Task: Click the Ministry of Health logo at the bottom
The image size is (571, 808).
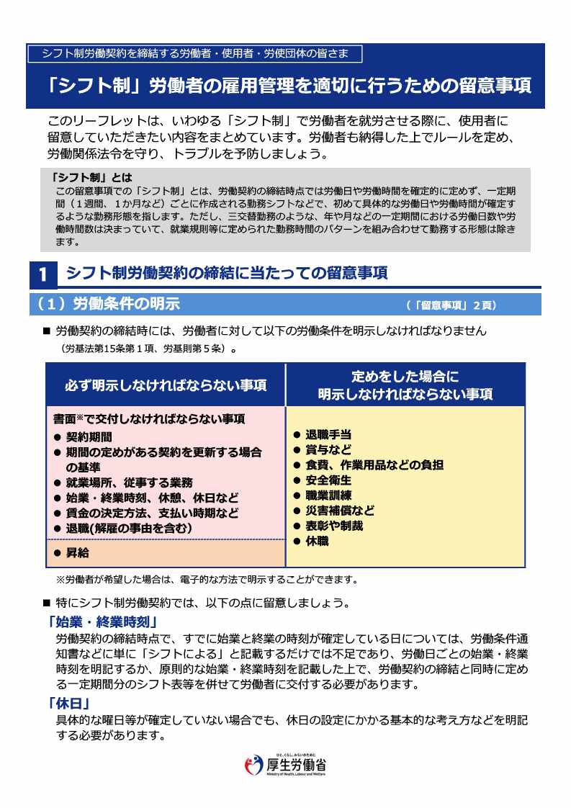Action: [x=285, y=766]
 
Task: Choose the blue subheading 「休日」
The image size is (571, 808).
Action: [x=68, y=704]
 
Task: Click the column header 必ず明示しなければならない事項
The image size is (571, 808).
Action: [x=166, y=385]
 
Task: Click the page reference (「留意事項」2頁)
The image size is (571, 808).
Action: [x=450, y=305]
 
